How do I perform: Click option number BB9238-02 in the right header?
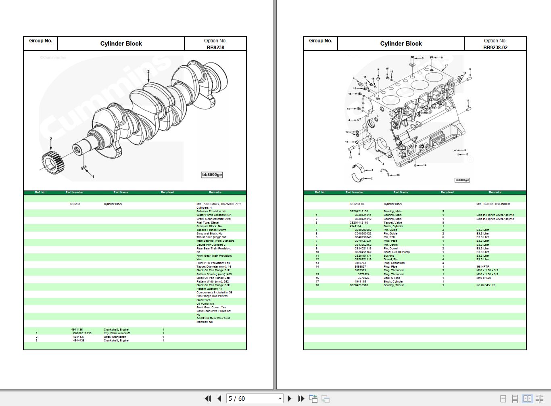(495, 47)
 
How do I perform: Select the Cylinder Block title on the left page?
(121, 44)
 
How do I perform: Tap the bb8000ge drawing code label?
(212, 175)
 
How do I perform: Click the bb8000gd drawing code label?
(462, 180)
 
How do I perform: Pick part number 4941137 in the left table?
(79, 337)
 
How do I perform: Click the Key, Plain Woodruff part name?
(117, 333)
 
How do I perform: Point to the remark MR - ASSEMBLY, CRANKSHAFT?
(218, 204)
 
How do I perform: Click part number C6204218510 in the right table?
(359, 285)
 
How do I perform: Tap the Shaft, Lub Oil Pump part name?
(397, 252)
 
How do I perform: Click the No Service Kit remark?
(486, 285)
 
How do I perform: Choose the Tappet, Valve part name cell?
(392, 222)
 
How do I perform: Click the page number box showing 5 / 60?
(254, 398)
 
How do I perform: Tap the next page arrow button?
(289, 398)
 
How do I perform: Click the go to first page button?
(208, 398)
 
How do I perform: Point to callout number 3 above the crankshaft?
(148, 71)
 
